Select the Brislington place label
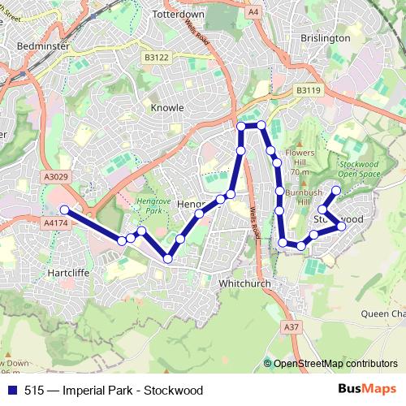point(325,37)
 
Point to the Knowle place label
point(167,106)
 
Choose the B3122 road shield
point(157,57)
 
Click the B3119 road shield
point(308,90)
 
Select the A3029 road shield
point(57,176)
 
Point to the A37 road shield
point(292,326)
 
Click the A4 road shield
point(254,11)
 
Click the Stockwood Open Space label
point(358,168)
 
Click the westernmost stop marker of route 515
point(65,209)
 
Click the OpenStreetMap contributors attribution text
point(335,364)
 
